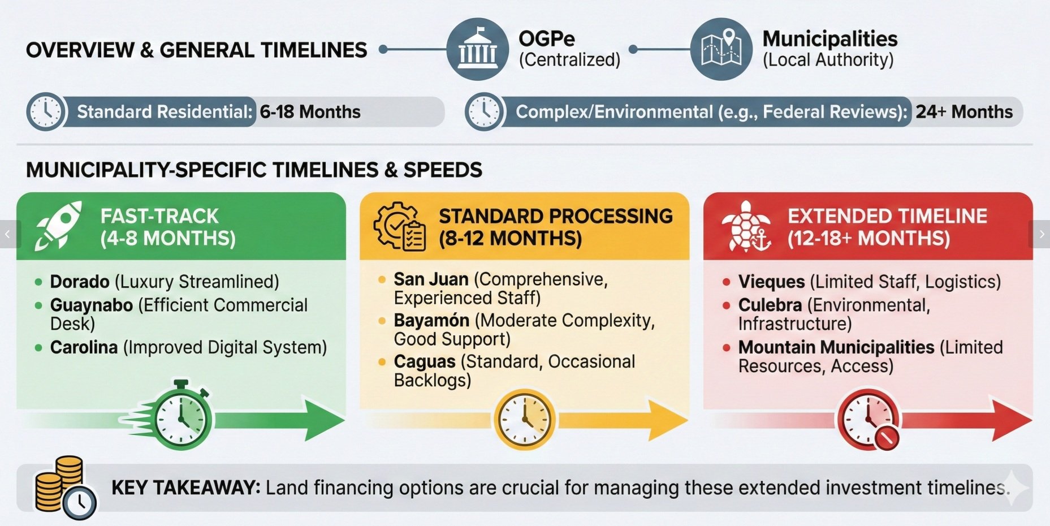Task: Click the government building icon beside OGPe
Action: pos(477,49)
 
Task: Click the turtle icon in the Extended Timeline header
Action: pos(746,226)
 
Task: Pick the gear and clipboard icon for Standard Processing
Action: pos(400,226)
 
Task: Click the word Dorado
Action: pos(80,282)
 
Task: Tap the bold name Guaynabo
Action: pos(92,305)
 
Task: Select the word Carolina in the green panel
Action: pos(84,347)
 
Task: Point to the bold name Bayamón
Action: pos(431,321)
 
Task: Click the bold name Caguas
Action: pos(425,362)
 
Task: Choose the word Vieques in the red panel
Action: pos(771,282)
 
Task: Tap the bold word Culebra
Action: pos(770,305)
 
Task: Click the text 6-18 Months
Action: pos(310,112)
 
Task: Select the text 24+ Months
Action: pos(964,112)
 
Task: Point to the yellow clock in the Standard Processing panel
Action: pos(525,419)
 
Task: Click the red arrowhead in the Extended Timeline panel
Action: pos(1012,420)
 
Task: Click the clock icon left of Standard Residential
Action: pos(46,112)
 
